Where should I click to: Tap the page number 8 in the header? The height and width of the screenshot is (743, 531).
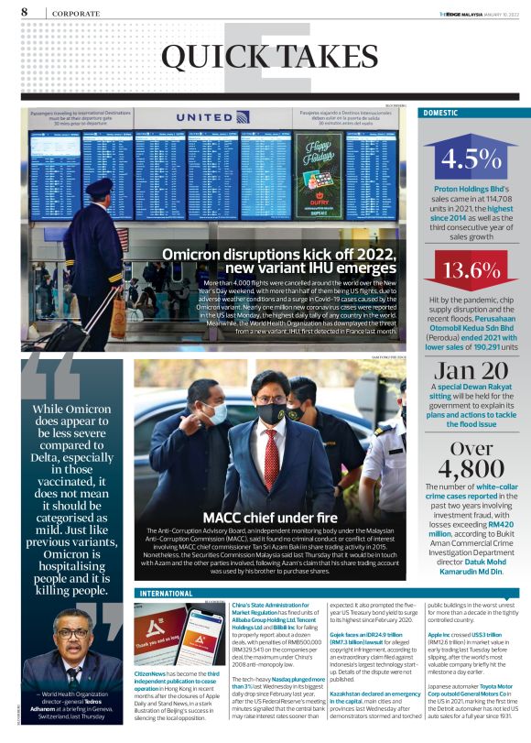24,12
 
